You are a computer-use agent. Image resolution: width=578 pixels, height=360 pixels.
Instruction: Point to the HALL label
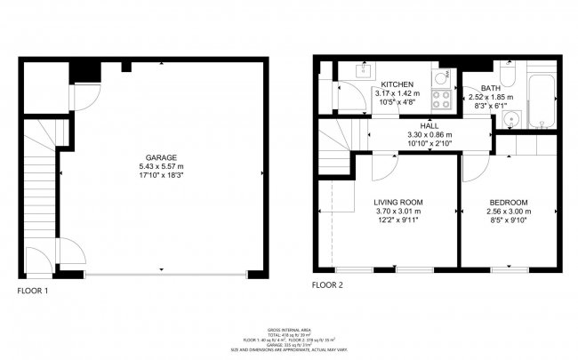pos(429,126)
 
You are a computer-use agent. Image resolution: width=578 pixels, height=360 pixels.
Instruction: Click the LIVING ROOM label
pos(397,203)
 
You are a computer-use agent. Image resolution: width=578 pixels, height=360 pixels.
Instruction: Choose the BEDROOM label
pos(509,203)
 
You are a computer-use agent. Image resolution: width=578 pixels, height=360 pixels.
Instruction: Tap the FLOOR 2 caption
pos(328,285)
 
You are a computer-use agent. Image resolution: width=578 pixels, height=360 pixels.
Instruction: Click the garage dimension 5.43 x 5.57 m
pos(160,165)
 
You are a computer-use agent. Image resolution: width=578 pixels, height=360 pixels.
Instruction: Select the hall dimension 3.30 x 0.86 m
pos(429,135)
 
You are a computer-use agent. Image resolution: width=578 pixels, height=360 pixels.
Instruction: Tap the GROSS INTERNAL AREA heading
pos(288,328)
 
